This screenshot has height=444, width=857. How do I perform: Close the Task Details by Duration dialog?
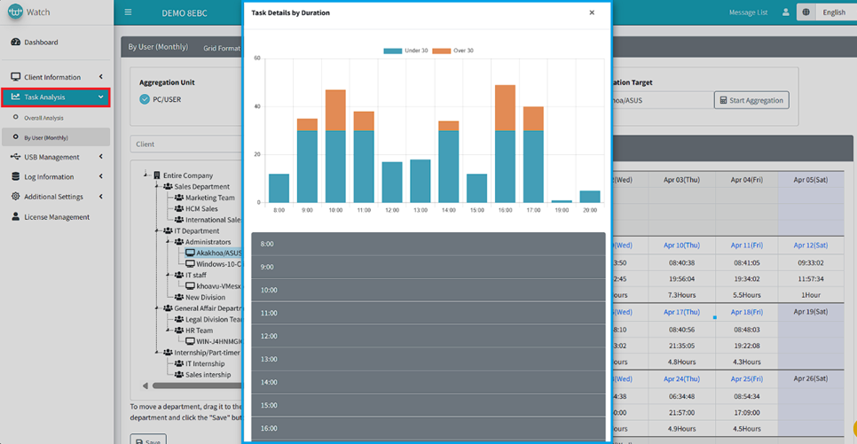point(592,13)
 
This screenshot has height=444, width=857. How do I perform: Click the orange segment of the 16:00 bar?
point(505,107)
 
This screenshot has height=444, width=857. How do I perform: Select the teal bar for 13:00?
point(420,181)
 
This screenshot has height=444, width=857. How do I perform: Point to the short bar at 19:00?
point(562,201)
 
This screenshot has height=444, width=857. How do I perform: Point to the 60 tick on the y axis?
point(257,58)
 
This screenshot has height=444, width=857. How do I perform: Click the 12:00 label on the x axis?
point(392,211)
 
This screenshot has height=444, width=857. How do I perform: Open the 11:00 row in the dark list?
point(428,313)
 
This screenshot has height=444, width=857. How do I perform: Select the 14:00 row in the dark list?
point(428,382)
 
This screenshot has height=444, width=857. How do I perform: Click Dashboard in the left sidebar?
point(41,43)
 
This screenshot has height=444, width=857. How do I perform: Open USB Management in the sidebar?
point(51,157)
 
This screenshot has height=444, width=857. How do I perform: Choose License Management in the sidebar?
point(57,217)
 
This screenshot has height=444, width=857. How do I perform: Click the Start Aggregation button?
point(751,100)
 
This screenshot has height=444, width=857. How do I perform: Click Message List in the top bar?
point(748,12)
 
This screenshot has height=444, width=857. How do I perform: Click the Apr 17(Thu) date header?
point(681,312)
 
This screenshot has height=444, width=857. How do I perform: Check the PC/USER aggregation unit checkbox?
point(145,99)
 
